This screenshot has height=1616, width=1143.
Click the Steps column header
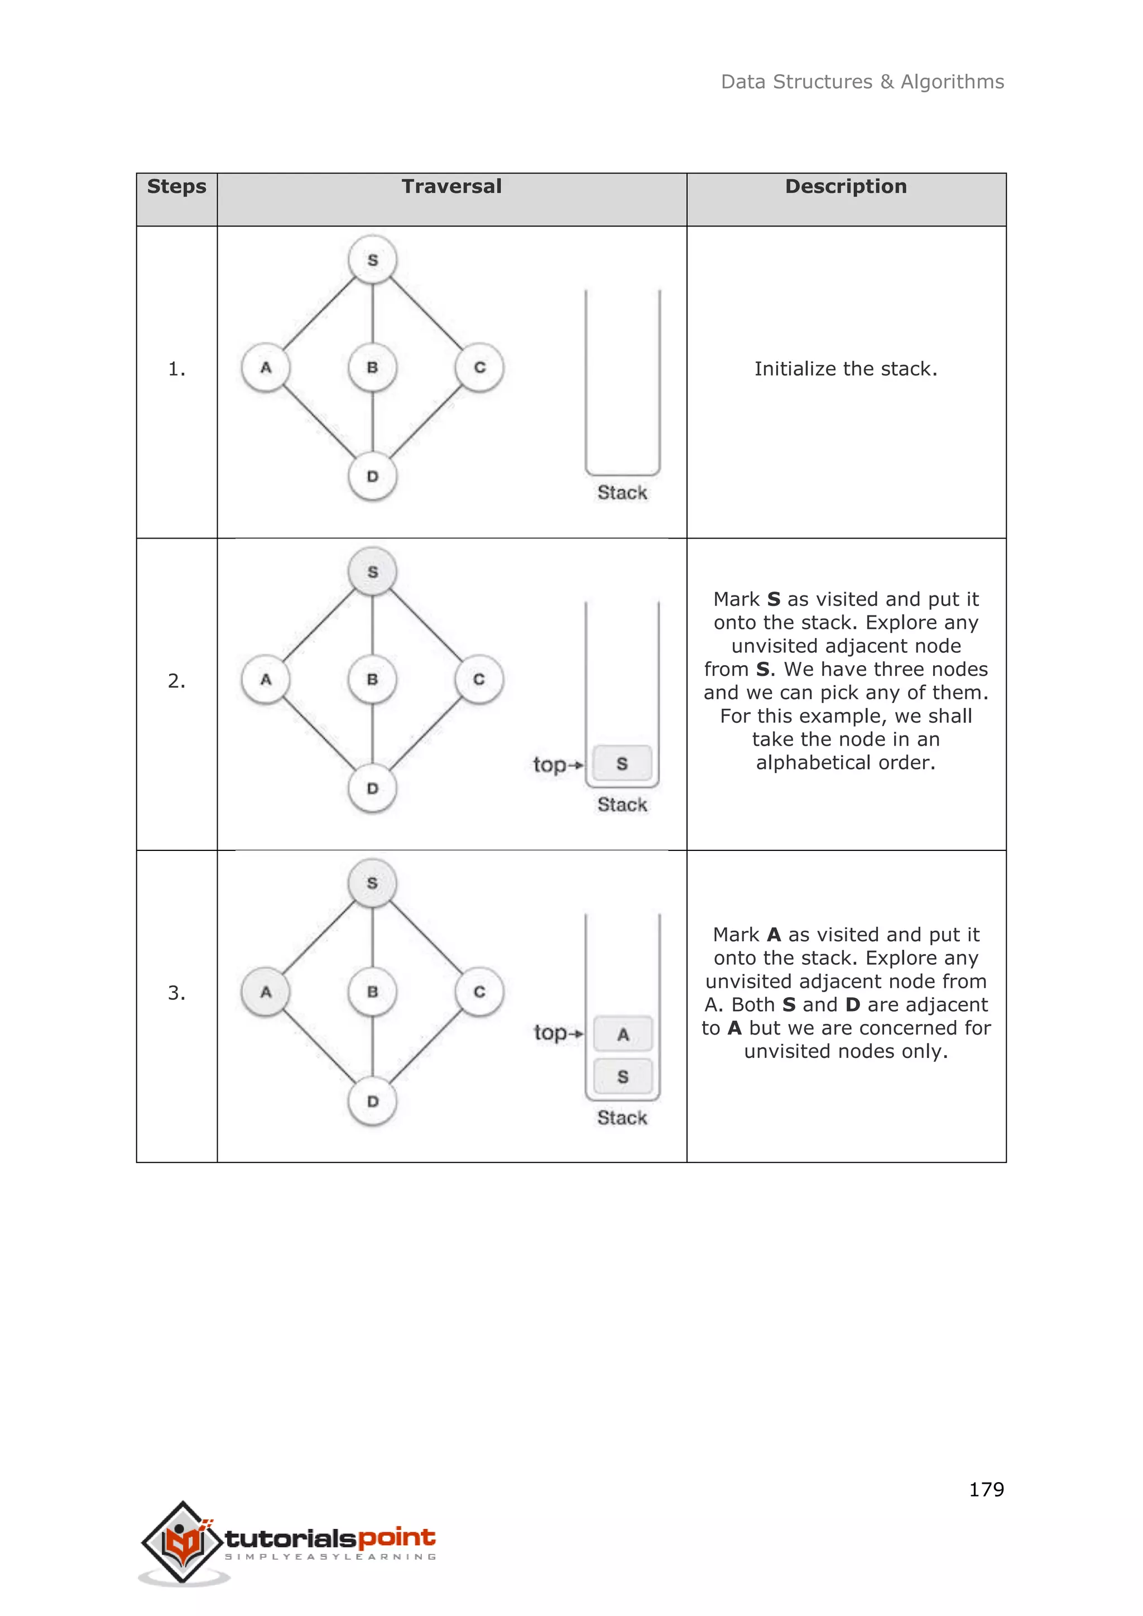(177, 186)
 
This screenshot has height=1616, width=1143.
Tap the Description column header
(846, 186)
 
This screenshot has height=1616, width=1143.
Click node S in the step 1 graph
(372, 259)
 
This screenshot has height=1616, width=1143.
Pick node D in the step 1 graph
(372, 477)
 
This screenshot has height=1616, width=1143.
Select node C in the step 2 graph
(479, 679)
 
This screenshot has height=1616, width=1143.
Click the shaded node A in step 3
(265, 992)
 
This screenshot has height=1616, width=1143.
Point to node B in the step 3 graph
(372, 992)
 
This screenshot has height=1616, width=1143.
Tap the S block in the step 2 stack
(622, 764)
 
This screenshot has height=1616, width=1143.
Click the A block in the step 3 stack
(623, 1034)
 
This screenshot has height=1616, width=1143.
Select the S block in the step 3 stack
(623, 1076)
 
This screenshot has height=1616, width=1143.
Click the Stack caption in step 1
(622, 493)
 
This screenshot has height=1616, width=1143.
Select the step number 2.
(177, 681)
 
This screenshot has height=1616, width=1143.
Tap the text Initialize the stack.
(846, 369)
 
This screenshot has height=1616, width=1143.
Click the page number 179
(986, 1489)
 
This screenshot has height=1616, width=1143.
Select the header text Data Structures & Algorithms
(862, 81)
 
